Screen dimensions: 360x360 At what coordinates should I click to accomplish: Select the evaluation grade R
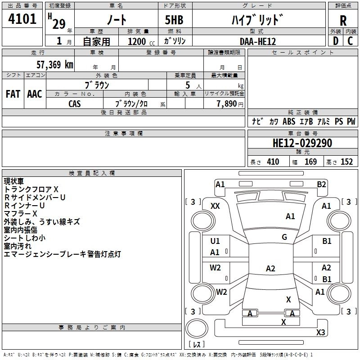coord(343,20)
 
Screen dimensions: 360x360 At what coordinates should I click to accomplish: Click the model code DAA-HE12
coord(257,41)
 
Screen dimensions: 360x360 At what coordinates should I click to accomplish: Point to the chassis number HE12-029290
coord(302,143)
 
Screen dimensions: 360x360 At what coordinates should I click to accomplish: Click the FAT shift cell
coord(13,94)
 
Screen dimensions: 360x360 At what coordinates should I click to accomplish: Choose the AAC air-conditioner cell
coord(35,94)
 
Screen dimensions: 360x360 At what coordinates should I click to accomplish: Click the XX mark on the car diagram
coord(215,206)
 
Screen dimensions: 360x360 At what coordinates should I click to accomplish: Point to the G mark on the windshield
coord(284,237)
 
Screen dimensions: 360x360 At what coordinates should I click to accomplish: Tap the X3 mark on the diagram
coord(320,333)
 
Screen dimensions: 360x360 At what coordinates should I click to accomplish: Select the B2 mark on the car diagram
coord(321,184)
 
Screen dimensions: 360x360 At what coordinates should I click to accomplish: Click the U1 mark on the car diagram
coord(215,241)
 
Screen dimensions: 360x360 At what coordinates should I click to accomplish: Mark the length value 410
coord(273,162)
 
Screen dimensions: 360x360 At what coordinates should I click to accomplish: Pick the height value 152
coord(346,162)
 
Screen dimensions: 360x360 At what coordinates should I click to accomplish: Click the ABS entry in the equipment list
coord(289,121)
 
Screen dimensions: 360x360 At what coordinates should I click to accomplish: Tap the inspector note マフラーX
coord(21,213)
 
